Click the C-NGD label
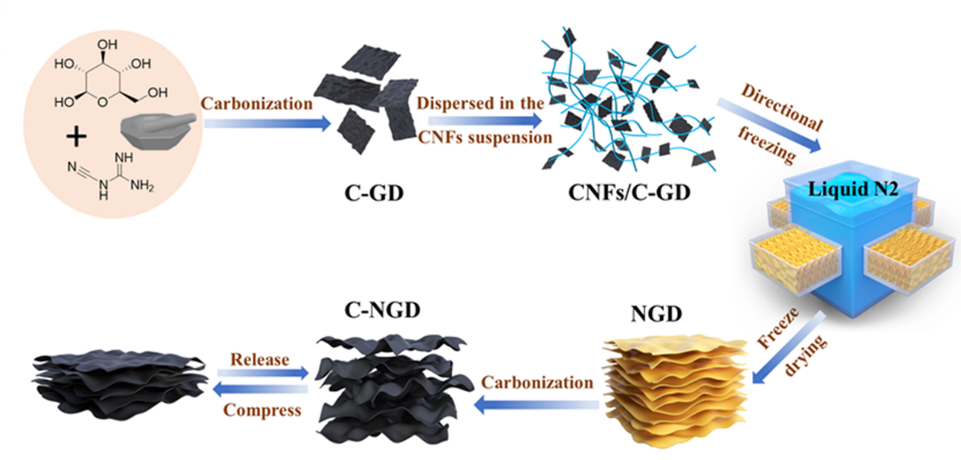[x=374, y=312]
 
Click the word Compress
[x=259, y=408]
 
